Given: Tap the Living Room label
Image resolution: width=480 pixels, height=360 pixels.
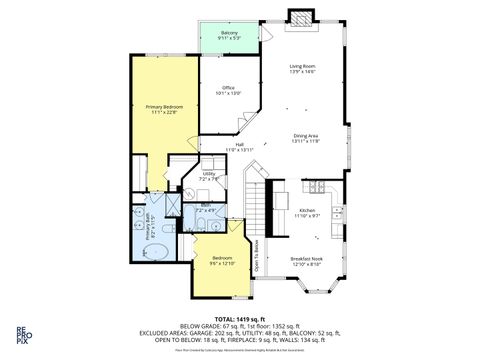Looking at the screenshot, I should coord(302,68).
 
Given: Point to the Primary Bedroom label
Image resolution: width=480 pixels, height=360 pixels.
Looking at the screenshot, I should coord(161,108).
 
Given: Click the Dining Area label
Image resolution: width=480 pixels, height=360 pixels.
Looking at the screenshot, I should coord(306,138).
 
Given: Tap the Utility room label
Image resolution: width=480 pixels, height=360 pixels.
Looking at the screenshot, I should coord(210,176).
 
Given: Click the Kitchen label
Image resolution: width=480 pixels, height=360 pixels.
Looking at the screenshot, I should coord(308,212).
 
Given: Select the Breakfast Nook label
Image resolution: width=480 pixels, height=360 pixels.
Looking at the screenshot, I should coord(306,261).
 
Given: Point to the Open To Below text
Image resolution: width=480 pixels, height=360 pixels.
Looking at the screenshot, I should coord(257,258).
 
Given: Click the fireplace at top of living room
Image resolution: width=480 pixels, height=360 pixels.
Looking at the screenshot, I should coord(299,17).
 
